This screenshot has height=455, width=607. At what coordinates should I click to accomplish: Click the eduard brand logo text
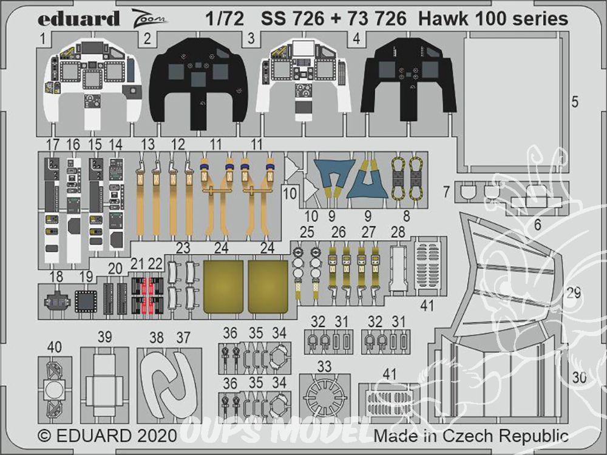78,19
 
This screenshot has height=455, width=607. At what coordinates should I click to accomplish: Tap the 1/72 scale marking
225,18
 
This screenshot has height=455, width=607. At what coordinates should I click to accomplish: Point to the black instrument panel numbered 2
199,83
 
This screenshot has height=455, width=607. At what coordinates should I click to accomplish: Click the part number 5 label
575,102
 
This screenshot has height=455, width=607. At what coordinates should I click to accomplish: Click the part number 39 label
105,337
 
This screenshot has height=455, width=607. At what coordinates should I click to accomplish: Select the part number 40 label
54,346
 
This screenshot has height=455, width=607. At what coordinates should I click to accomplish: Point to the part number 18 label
56,277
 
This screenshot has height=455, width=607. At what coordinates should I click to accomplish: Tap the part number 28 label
398,232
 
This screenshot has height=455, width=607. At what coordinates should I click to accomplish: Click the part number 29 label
574,293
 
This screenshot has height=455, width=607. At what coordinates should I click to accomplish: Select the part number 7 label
446,192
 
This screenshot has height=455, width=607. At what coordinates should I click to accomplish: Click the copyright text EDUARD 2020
107,436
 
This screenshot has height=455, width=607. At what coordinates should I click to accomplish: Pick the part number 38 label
157,338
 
